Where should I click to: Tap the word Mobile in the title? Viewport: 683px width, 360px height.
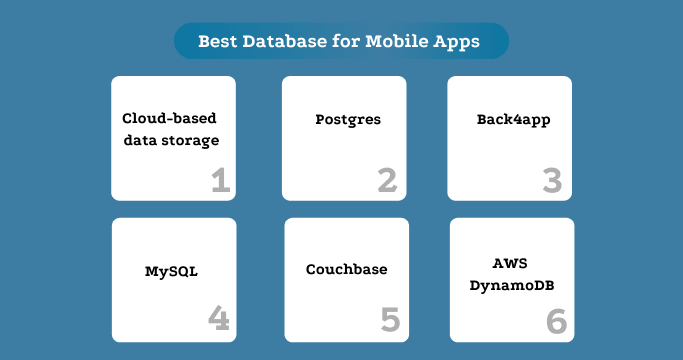385,42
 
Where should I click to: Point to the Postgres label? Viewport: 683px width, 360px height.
347,120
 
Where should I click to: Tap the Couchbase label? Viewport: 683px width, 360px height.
346,270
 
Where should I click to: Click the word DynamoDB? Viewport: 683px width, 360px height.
511,285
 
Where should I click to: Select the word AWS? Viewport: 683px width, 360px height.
510,263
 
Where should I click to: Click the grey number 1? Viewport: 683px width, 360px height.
221,181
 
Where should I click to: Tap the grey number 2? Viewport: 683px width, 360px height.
386,181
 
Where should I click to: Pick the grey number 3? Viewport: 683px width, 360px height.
551,181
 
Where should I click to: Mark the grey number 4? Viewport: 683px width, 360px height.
219,319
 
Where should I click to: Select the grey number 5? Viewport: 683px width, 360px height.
390,320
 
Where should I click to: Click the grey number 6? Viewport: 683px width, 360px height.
556,321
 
